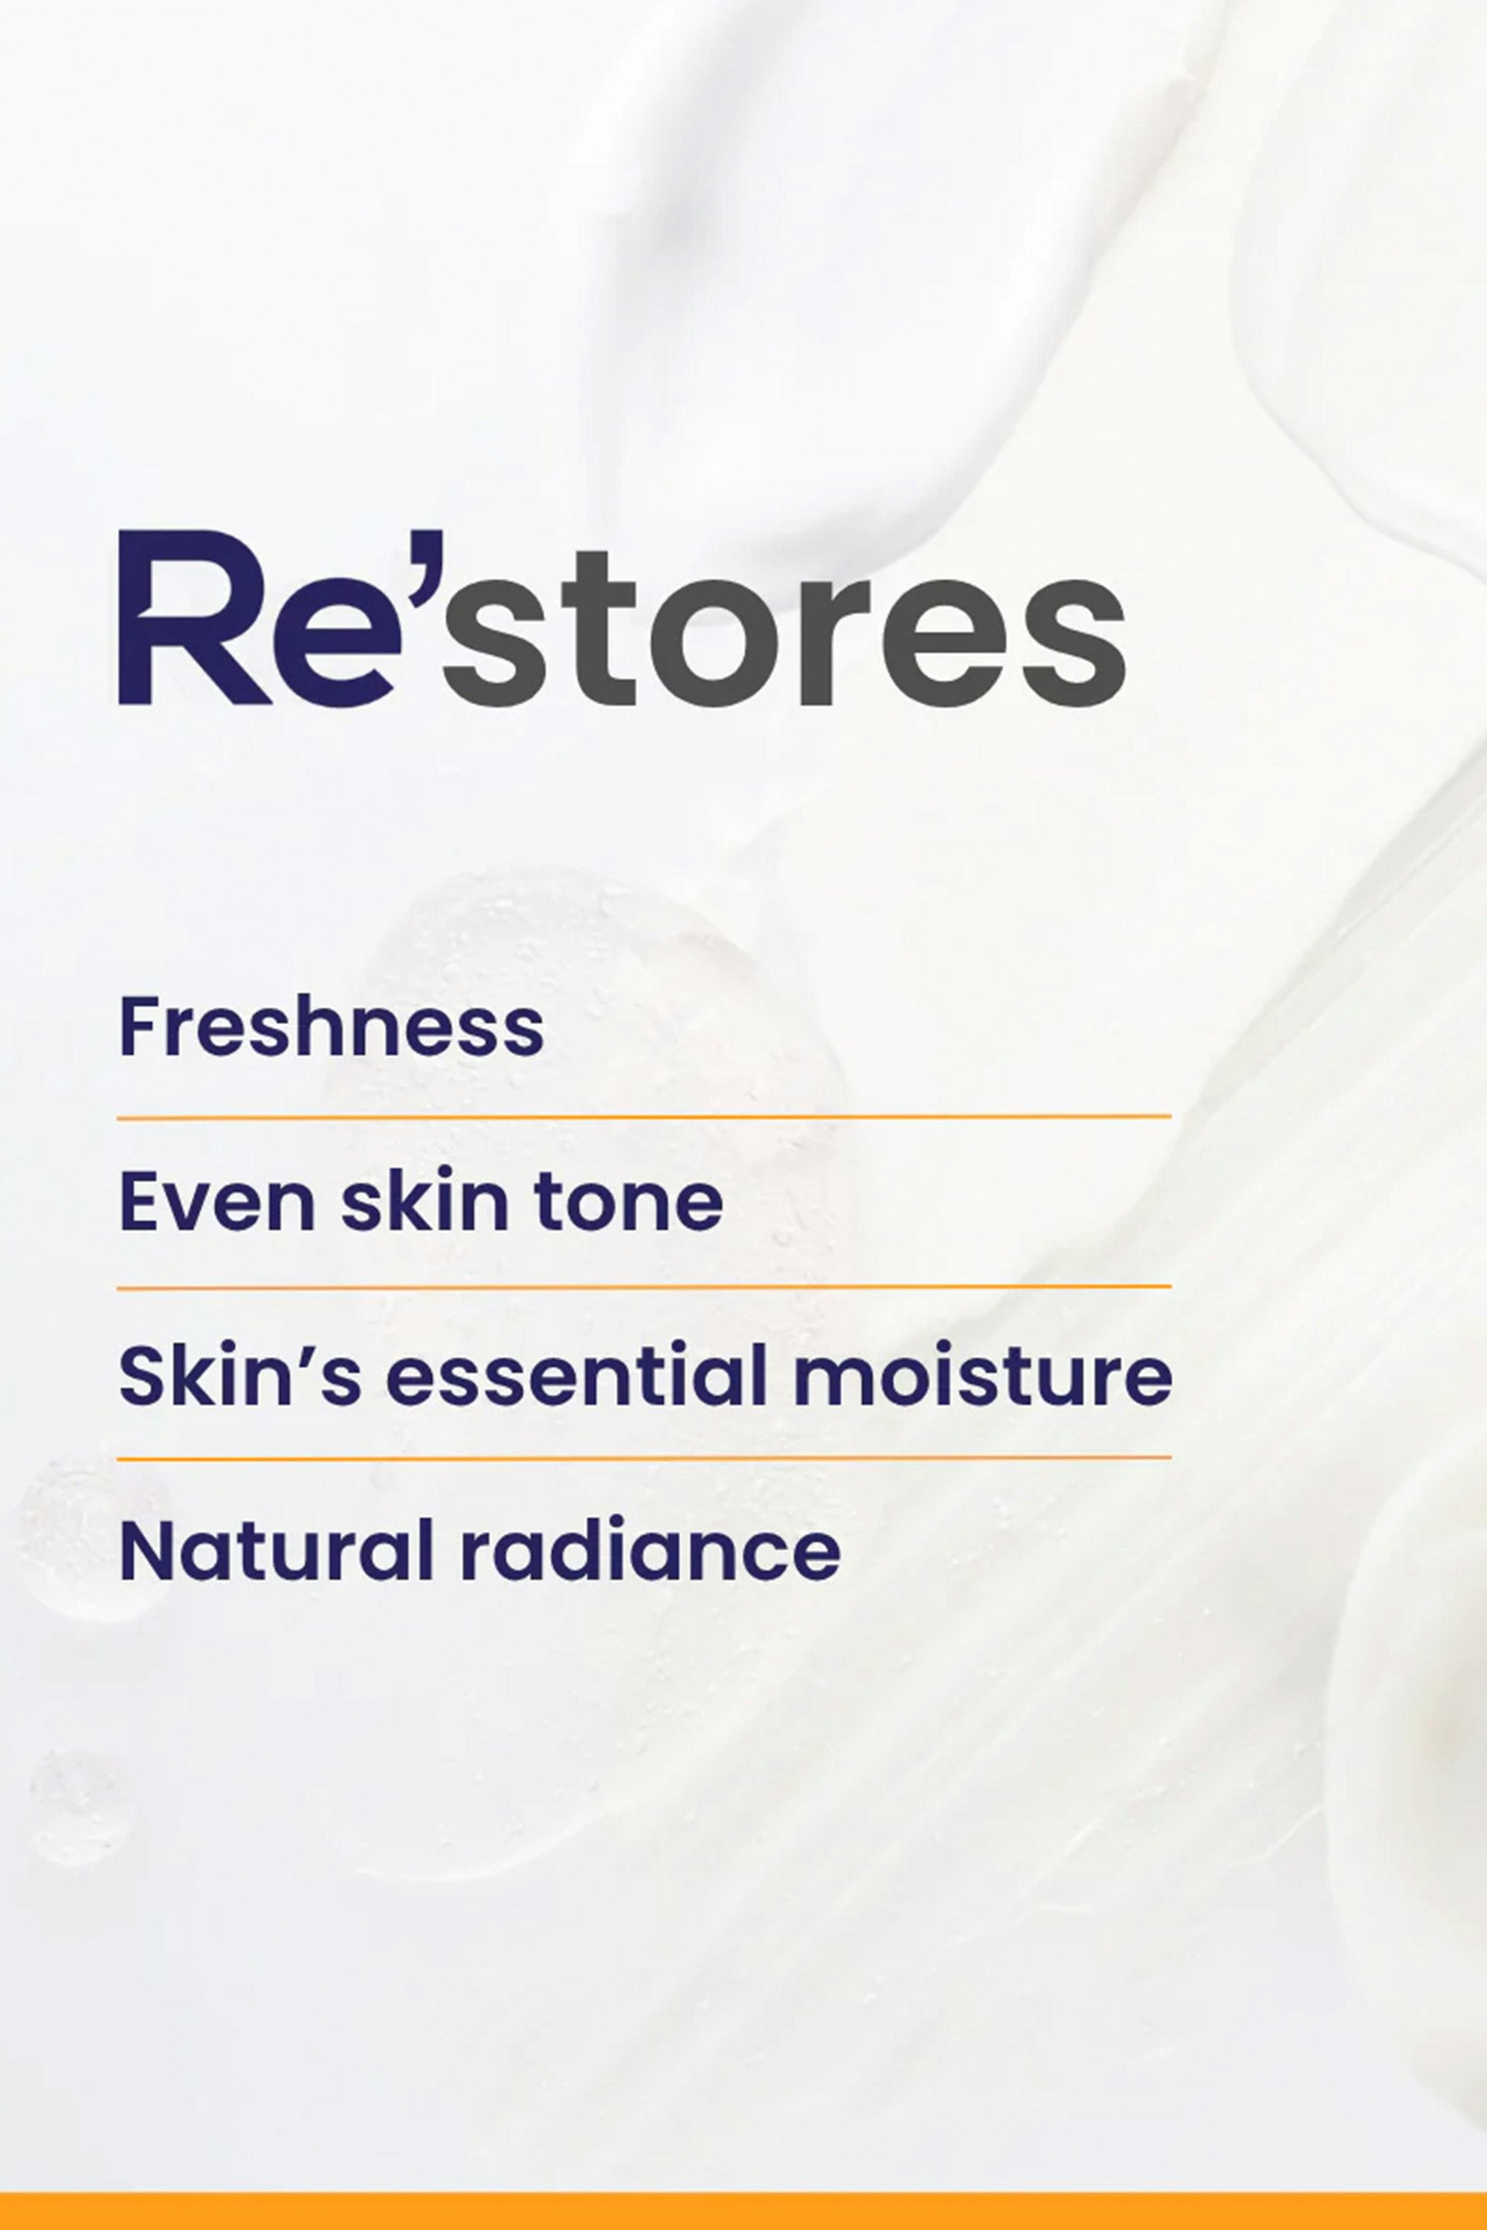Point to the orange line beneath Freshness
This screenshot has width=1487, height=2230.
645,1118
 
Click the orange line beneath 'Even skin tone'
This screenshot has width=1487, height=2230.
645,1287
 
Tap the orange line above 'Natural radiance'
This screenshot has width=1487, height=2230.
645,1457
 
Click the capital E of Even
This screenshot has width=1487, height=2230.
141,1201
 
